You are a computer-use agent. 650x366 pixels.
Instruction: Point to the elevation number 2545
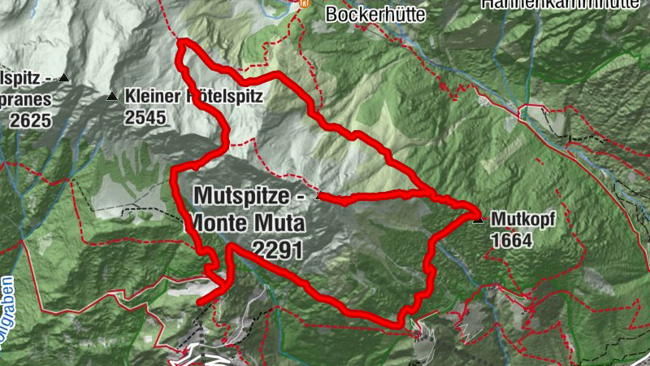click(145, 117)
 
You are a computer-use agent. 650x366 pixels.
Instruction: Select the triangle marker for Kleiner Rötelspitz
click(112, 96)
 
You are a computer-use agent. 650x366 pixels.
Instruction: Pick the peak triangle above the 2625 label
click(63, 78)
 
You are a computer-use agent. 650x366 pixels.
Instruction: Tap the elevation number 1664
click(511, 241)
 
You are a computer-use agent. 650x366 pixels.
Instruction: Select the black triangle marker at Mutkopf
click(478, 218)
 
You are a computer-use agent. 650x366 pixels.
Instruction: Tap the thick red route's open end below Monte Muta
click(200, 301)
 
